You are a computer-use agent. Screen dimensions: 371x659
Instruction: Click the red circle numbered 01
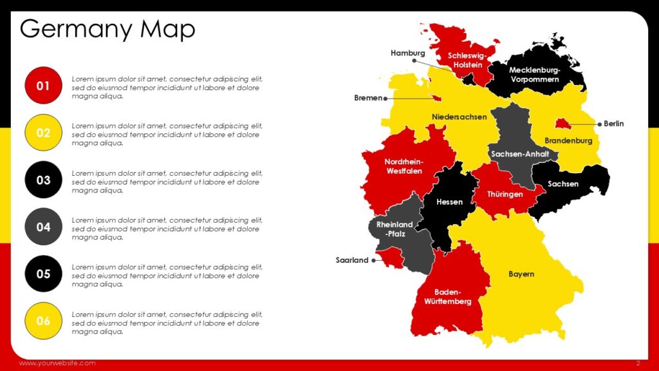coord(43,86)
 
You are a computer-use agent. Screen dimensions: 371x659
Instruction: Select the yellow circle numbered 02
coord(43,133)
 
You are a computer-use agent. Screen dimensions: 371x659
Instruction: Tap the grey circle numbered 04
coord(43,227)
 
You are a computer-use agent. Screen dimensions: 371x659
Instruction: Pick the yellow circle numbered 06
coord(43,321)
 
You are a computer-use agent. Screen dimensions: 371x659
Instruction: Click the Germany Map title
coord(107,29)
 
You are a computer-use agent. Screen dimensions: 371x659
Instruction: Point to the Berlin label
coord(613,124)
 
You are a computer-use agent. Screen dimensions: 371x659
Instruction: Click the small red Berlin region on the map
coord(562,123)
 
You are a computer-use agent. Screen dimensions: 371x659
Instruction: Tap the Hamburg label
coord(407,53)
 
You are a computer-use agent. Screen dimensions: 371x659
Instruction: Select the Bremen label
coord(368,99)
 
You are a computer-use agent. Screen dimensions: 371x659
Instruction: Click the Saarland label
coord(352,260)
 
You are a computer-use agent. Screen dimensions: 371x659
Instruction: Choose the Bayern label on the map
coord(521,274)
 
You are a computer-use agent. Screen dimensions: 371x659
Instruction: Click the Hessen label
coord(449,202)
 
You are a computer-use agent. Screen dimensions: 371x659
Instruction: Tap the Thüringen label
coord(505,194)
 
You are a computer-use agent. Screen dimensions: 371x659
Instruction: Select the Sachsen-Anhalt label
coord(519,155)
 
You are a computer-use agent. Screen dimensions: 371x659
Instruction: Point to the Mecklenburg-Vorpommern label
coord(535,75)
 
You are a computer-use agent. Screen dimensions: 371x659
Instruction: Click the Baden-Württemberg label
coord(448,296)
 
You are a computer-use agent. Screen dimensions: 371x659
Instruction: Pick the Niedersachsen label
coord(459,117)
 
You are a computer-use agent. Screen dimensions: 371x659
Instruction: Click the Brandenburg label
coord(568,140)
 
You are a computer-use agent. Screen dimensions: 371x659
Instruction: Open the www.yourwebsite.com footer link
coord(57,363)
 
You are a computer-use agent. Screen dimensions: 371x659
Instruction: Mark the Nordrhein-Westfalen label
coord(404,166)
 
